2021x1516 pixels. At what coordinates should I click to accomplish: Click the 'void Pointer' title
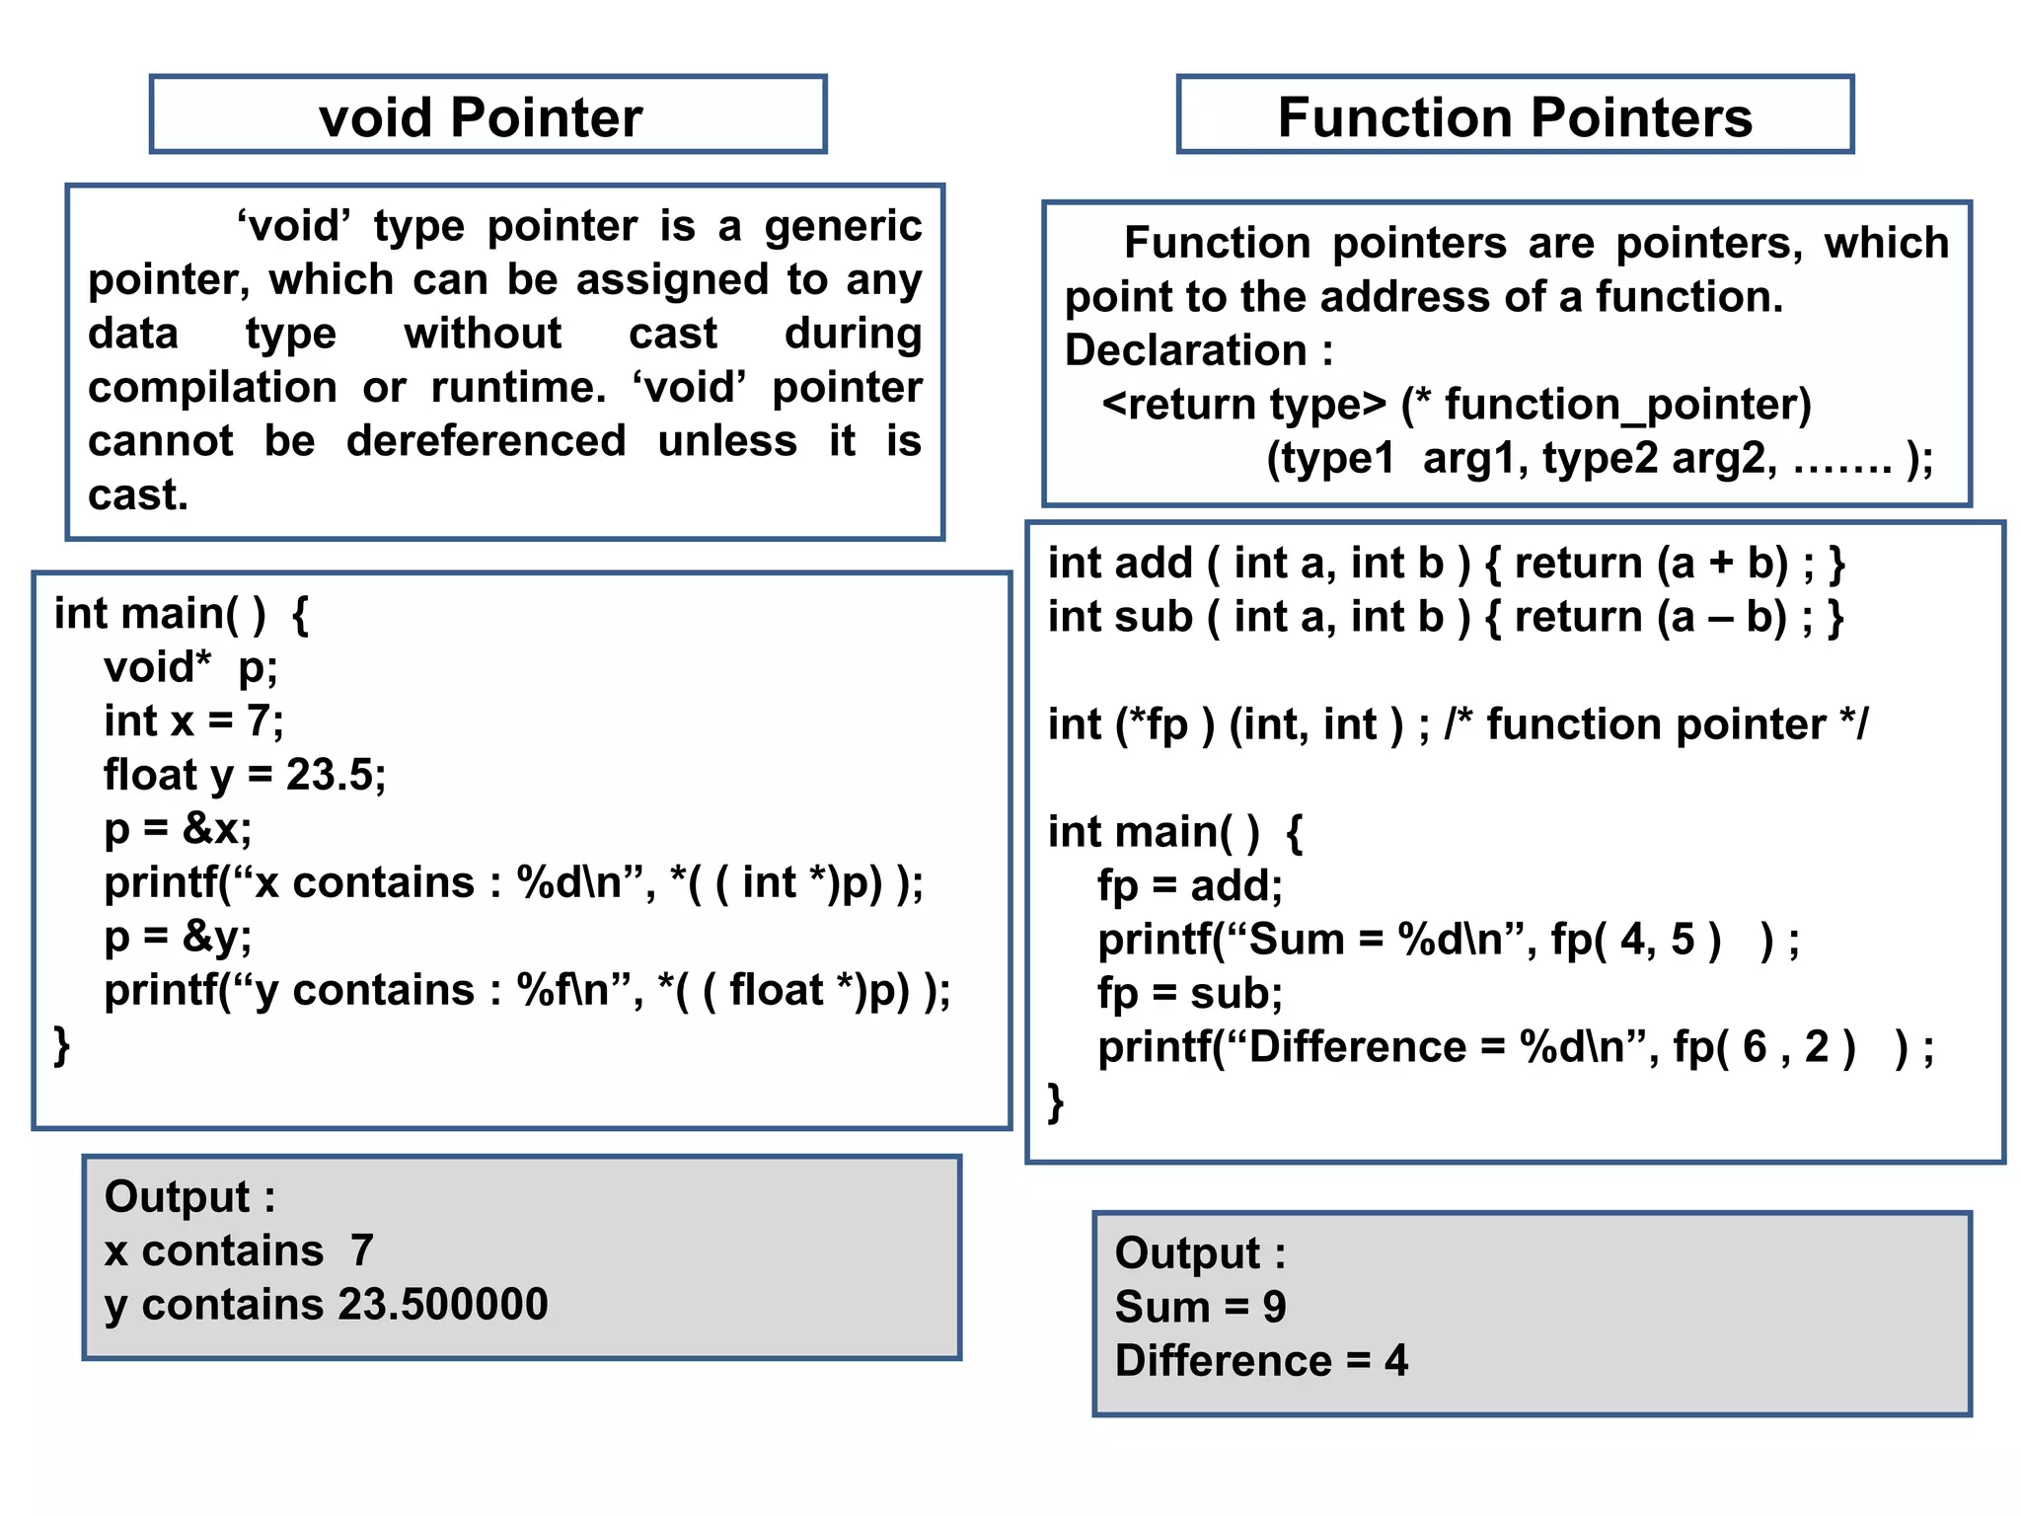481,117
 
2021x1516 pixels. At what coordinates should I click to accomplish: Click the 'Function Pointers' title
1514,117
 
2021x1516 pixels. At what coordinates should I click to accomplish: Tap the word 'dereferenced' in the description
486,441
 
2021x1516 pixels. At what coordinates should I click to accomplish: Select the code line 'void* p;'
190,668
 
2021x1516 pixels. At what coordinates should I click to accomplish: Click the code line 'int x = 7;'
193,721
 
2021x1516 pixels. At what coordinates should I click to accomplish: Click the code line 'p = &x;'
178,829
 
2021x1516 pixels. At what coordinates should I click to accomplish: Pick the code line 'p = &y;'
178,937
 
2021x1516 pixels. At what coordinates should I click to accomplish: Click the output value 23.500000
443,1305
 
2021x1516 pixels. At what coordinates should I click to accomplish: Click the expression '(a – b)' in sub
1722,618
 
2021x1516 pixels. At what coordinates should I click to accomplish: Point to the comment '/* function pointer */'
1656,725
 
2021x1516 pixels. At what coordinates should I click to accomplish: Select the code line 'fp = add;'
1189,886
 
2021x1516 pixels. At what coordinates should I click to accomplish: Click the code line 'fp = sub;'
1189,994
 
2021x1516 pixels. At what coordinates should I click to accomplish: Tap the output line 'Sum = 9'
1200,1308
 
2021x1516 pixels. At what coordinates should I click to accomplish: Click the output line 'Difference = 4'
1261,1361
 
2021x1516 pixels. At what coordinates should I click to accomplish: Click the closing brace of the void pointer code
62,1044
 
